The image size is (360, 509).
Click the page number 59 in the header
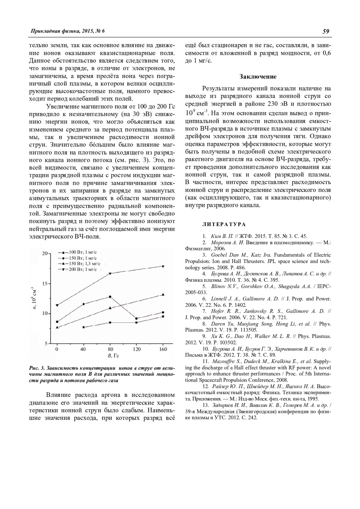tap(326, 31)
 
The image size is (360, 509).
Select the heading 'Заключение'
tap(258, 77)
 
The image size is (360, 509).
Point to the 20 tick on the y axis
tap(45, 254)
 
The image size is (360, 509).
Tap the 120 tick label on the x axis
tap(136, 349)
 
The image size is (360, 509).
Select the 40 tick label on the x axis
tap(83, 349)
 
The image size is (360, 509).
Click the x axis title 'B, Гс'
tap(111, 356)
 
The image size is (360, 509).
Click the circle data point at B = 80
tap(110, 297)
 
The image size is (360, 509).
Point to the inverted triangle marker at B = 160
tap(163, 266)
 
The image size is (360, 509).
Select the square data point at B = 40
tap(83, 327)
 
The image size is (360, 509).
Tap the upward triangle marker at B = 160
tap(163, 294)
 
